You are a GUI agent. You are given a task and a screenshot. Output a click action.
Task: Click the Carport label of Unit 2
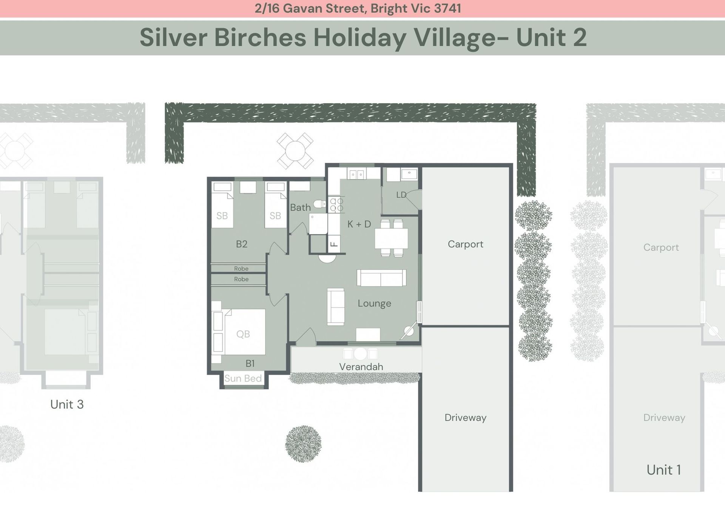pos(465,244)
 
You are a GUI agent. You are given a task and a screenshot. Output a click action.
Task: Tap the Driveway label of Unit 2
pos(465,418)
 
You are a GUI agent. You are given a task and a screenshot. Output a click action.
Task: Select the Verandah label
pos(361,367)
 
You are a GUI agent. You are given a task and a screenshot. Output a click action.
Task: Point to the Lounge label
pos(374,304)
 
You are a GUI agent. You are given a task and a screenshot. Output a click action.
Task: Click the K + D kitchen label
pos(359,224)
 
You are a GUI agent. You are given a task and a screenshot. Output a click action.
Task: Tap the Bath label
pos(300,208)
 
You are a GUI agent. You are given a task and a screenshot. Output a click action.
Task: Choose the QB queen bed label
pos(243,334)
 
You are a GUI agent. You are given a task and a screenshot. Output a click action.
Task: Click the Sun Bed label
pos(243,378)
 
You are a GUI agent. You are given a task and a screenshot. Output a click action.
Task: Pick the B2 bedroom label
pos(241,244)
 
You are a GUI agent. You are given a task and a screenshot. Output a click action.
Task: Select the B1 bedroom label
pos(250,364)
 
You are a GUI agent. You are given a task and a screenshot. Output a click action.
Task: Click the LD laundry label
pos(401,195)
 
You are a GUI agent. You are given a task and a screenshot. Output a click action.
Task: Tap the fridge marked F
pos(334,244)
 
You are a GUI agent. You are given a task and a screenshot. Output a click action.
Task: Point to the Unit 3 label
pos(67,405)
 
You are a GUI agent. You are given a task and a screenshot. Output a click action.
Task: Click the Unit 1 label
pos(663,470)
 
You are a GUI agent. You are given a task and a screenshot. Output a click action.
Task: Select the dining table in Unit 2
pos(391,238)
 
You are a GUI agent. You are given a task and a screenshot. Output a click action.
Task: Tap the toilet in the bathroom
pos(319,204)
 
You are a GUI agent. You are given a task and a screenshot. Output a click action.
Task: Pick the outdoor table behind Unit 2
pos(295,151)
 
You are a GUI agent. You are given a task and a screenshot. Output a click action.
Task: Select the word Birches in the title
pos(260,37)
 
